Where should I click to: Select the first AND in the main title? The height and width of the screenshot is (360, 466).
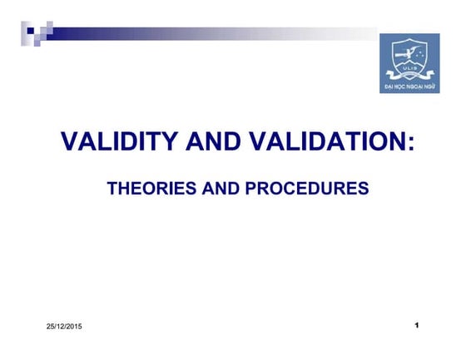pyautogui.click(x=210, y=142)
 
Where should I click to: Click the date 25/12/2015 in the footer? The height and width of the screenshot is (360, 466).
pyautogui.click(x=64, y=325)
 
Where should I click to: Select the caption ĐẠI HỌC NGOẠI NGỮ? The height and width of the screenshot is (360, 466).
pyautogui.click(x=409, y=86)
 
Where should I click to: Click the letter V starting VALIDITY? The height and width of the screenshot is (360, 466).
pyautogui.click(x=70, y=142)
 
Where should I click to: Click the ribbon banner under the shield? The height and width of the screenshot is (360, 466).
pyautogui.click(x=409, y=77)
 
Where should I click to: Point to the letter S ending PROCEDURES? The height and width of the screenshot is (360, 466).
pyautogui.click(x=363, y=189)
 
